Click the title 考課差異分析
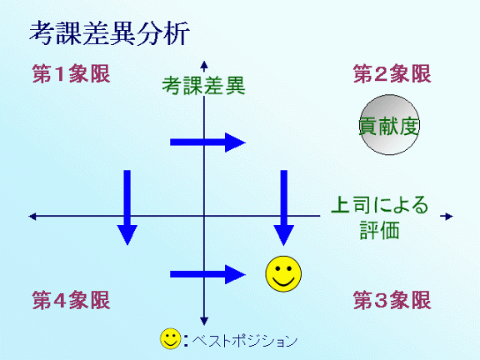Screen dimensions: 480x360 (109, 33)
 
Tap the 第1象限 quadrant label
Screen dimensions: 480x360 (71, 74)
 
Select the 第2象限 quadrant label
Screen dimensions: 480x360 (392, 74)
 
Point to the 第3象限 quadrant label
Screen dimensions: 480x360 (392, 300)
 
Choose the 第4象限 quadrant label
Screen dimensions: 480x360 (71, 300)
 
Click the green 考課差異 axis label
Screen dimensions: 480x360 (203, 86)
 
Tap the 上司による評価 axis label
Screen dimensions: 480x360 (380, 217)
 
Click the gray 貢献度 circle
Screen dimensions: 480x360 (389, 125)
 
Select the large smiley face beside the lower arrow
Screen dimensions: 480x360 (283, 273)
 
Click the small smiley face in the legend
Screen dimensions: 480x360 (171, 339)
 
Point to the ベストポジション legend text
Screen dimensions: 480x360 (245, 340)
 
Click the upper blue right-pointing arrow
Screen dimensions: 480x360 (207, 142)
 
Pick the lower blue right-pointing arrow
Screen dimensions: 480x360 (207, 274)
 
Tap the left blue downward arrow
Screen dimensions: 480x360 (127, 207)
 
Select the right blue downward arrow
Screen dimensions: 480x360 (284, 207)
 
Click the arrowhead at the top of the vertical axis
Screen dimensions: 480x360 (204, 64)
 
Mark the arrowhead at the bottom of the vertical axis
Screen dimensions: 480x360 (204, 322)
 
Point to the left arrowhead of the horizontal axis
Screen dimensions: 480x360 (32, 217)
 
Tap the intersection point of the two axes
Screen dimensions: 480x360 (204, 216)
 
